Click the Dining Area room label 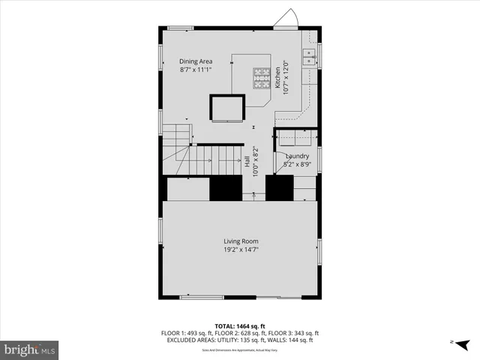click(196, 61)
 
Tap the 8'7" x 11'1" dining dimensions click(196, 70)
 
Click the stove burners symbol click(261, 76)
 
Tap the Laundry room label click(298, 156)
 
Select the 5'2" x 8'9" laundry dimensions click(298, 163)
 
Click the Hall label click(247, 161)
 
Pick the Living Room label click(240, 241)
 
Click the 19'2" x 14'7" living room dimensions click(240, 249)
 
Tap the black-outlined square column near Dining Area click(227, 108)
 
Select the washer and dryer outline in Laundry click(296, 139)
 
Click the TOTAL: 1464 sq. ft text click(240, 327)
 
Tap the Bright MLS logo click(30, 349)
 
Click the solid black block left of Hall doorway click(225, 188)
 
